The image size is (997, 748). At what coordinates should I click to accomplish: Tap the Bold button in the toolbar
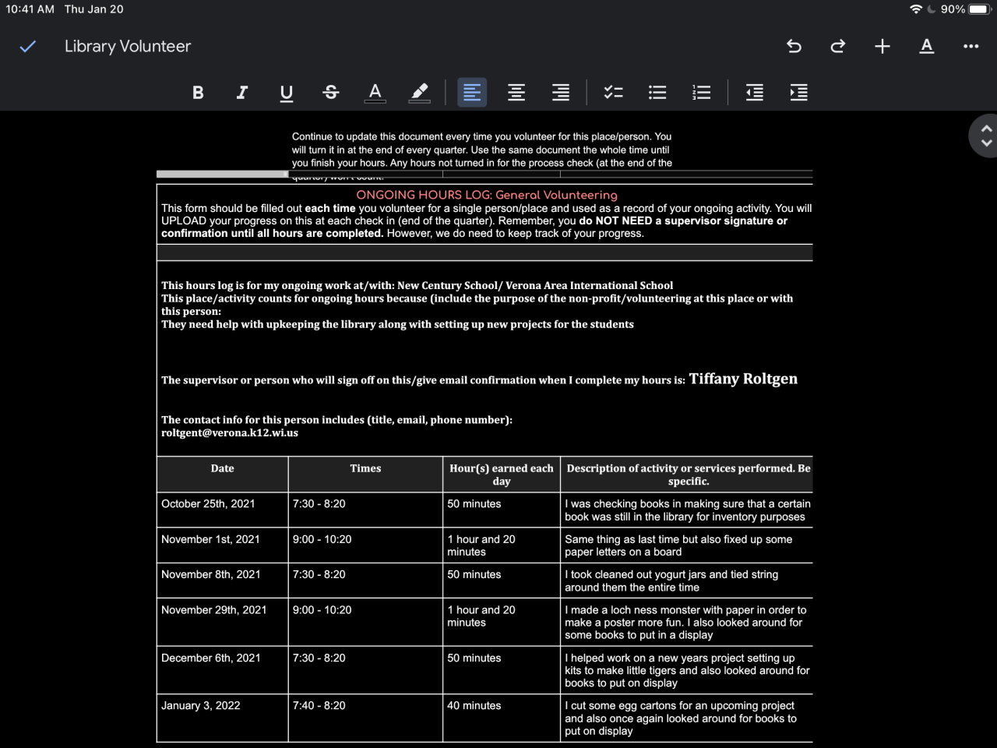point(198,93)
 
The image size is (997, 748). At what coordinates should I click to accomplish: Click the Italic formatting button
point(242,93)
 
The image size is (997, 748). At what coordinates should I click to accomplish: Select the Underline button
point(287,93)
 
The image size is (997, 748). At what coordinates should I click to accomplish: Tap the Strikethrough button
point(331,93)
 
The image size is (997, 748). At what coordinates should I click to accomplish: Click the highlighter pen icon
point(420,93)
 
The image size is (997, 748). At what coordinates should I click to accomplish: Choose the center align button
point(516,93)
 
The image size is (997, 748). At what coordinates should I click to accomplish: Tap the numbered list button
point(702,93)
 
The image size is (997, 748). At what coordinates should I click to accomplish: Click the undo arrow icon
point(794,47)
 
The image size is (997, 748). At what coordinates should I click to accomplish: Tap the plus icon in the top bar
point(883,47)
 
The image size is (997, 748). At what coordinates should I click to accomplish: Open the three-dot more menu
point(971,47)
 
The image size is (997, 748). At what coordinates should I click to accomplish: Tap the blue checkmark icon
point(28,47)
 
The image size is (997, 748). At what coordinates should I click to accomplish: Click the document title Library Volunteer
point(128,47)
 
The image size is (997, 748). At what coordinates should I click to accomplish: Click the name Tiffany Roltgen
point(743,379)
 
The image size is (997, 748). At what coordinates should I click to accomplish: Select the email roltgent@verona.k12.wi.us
point(230,433)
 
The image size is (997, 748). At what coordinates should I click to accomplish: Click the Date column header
point(222,468)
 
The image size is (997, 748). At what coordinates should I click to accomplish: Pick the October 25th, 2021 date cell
point(208,504)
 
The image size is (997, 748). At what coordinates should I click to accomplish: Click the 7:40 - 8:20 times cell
point(319,706)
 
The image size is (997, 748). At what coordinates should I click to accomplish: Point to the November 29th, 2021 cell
point(214,610)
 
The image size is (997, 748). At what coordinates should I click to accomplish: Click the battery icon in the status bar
point(978,9)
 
